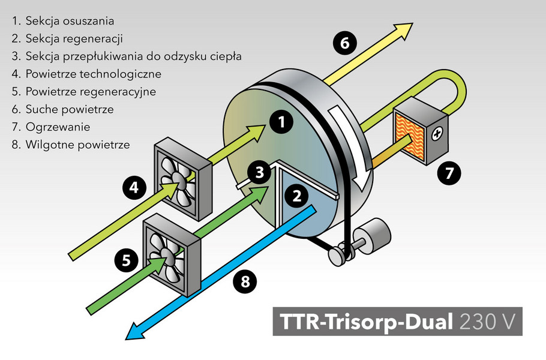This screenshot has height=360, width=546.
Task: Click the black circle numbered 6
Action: click(x=344, y=43)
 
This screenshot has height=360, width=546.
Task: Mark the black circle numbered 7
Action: click(x=449, y=173)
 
